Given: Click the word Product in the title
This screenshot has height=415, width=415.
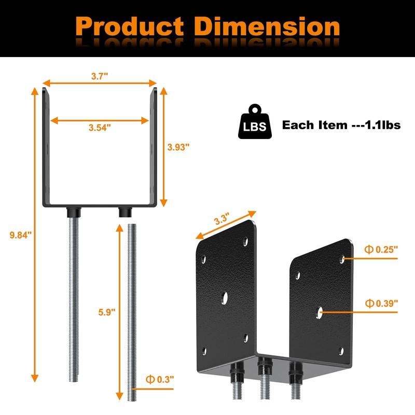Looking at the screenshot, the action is tap(130, 26).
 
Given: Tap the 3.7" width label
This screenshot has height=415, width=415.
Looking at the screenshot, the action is tap(100, 76).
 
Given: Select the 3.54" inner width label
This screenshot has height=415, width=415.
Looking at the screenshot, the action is tap(100, 128).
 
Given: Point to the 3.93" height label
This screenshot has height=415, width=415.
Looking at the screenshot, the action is tap(178, 147).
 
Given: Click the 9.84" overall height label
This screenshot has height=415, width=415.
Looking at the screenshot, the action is tap(21, 235).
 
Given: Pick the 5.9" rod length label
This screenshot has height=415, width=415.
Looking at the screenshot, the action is tap(107, 312).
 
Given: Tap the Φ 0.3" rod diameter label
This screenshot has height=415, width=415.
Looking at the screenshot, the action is tap(160, 379).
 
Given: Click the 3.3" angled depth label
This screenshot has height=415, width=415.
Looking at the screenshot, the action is tap(222, 219).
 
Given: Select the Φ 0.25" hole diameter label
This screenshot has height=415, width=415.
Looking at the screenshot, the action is tap(381, 250).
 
